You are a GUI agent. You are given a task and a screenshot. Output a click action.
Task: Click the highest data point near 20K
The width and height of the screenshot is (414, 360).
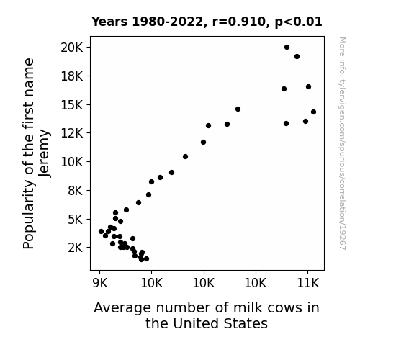click(x=287, y=48)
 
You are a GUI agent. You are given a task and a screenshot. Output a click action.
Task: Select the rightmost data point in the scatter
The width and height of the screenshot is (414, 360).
click(x=313, y=112)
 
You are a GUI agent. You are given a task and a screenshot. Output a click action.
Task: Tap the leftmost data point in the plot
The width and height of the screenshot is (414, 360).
click(x=101, y=231)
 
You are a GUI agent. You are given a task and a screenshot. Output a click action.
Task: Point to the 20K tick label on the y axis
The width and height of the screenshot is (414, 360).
click(x=72, y=48)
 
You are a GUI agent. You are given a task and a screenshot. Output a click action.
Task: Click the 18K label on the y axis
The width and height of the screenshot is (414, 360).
click(x=72, y=76)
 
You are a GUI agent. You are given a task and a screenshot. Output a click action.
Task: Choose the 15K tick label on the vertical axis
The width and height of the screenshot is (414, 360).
click(x=72, y=105)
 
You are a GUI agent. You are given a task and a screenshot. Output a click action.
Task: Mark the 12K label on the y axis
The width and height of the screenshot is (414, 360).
click(x=72, y=133)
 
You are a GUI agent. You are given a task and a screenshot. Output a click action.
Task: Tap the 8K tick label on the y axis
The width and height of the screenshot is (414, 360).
click(x=76, y=190)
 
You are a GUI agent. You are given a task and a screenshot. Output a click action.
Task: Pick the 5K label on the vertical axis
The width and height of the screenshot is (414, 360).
click(x=76, y=219)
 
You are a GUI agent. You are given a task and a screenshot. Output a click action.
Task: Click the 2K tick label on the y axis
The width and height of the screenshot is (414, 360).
click(x=76, y=248)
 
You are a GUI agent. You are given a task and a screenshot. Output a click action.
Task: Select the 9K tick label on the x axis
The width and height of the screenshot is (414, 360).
click(x=100, y=283)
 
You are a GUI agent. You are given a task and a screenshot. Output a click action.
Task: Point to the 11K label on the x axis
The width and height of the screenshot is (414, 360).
click(x=308, y=283)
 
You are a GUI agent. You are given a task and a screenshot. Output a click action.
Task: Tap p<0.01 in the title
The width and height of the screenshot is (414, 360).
click(x=298, y=22)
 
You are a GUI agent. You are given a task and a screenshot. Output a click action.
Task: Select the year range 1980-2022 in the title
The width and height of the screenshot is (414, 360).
click(x=167, y=22)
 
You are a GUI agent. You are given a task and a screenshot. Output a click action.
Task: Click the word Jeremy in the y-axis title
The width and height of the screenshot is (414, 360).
click(x=45, y=153)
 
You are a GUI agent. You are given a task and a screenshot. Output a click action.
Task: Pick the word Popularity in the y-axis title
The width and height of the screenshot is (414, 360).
click(x=29, y=215)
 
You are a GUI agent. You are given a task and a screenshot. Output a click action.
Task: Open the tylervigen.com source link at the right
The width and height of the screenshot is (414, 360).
click(x=342, y=143)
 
